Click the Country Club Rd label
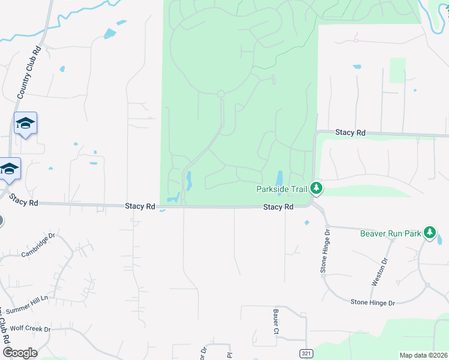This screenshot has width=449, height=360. point(29,73)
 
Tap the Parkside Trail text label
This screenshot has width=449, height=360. point(282,189)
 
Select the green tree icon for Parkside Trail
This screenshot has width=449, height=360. point(316,189)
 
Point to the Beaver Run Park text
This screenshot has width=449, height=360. point(390,233)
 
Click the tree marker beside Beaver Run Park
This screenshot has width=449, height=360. point(429,232)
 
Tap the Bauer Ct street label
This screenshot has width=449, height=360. point(276,322)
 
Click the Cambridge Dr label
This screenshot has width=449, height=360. point(38,245)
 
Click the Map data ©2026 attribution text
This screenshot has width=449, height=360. point(423,355)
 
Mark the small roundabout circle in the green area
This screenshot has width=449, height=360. point(221,94)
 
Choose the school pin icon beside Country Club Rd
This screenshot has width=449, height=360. point(25,123)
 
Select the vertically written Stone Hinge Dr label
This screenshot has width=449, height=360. point(325,251)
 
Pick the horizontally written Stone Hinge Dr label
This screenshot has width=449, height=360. point(373,302)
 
